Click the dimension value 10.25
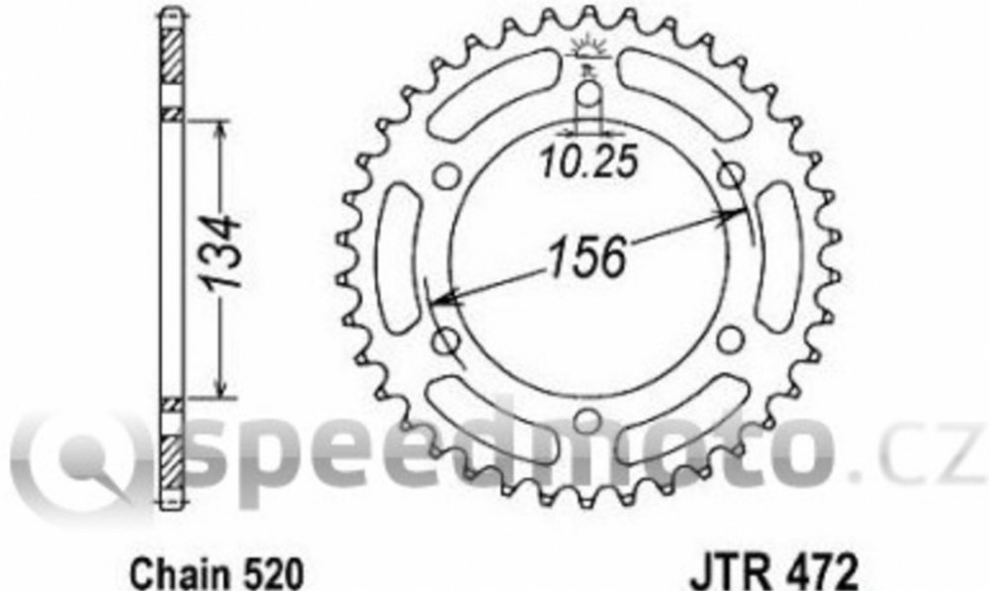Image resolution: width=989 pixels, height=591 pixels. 589,162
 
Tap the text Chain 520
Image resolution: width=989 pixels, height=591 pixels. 217,573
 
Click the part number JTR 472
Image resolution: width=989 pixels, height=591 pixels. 774,573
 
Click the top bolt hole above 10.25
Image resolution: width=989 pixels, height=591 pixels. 587,95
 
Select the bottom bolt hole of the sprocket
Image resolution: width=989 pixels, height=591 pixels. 587,421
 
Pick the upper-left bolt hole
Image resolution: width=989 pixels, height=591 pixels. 447,177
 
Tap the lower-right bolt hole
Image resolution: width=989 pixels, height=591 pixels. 730,340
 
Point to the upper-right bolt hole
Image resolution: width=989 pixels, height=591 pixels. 732,175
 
